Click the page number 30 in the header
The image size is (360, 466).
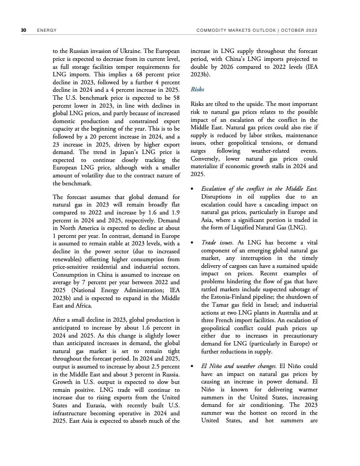pos(23,30)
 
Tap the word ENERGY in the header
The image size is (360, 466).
pos(46,30)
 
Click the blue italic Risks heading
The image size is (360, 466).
pos(197,89)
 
